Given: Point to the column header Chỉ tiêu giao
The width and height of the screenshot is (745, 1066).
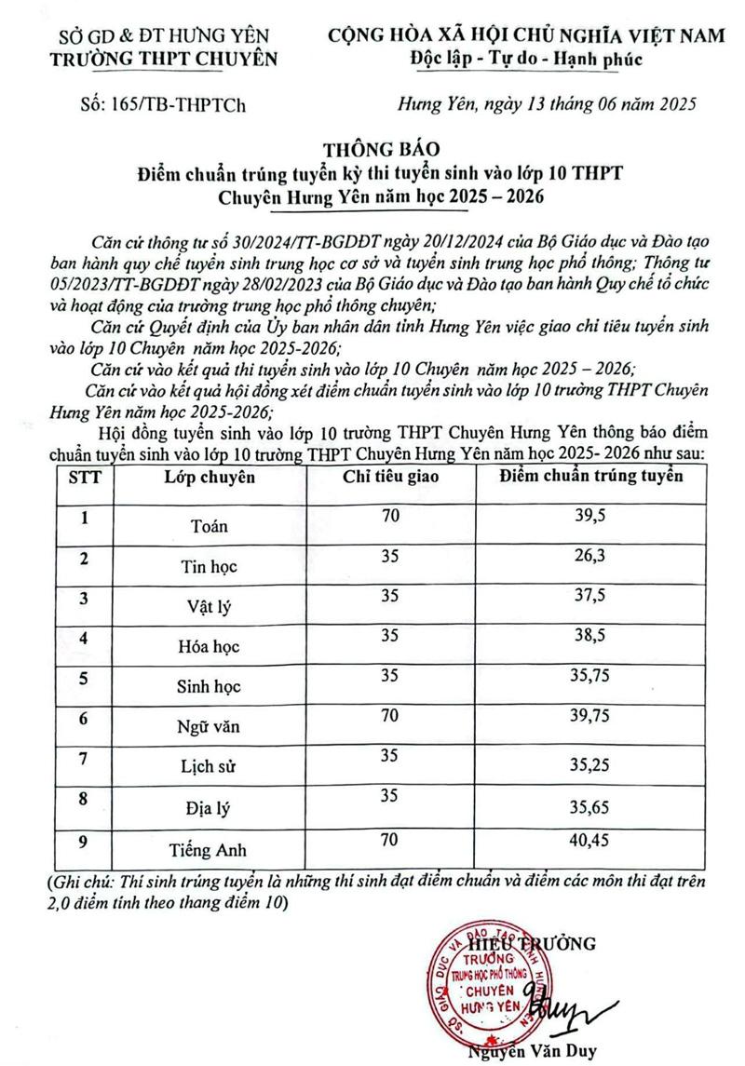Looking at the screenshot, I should [389, 479].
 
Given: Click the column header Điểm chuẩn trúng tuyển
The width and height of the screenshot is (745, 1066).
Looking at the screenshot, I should [591, 478].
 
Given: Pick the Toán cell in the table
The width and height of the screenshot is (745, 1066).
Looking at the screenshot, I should [210, 526].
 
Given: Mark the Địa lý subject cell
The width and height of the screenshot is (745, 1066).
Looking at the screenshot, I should [210, 809].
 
